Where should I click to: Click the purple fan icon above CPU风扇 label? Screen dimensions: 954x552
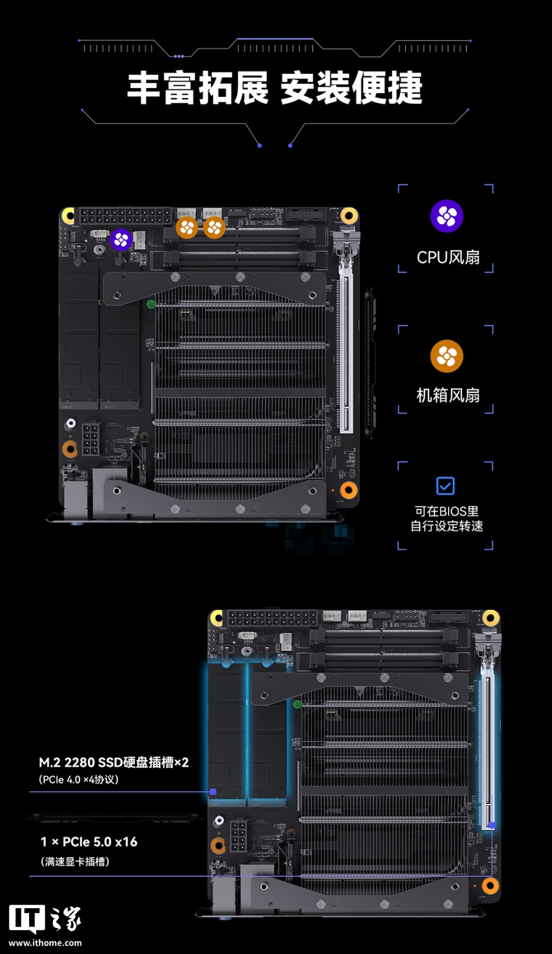(446, 216)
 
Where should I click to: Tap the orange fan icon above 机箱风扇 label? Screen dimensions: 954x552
(446, 357)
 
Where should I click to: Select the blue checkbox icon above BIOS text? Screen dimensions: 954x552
(445, 486)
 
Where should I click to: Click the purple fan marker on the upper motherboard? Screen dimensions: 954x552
(121, 240)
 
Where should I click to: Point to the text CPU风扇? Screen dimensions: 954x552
(448, 257)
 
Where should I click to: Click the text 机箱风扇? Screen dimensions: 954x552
(448, 395)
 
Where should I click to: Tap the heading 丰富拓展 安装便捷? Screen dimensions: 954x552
(275, 89)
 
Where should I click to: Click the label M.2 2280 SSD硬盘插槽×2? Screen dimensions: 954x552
(113, 763)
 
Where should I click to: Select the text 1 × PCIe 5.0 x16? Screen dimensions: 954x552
(89, 842)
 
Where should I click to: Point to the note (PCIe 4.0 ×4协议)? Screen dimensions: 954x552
(78, 779)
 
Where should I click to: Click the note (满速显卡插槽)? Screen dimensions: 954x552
(75, 861)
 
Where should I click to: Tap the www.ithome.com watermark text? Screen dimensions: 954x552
(45, 943)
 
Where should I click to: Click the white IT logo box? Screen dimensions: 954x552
(26, 919)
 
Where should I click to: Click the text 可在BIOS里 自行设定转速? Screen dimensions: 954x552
(446, 518)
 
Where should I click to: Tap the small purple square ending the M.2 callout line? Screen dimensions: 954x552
(213, 792)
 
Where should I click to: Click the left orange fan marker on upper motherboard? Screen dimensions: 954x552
(187, 227)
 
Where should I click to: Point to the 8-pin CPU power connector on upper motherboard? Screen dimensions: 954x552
(90, 439)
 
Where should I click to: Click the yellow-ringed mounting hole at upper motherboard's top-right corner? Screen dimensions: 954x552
(349, 215)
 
